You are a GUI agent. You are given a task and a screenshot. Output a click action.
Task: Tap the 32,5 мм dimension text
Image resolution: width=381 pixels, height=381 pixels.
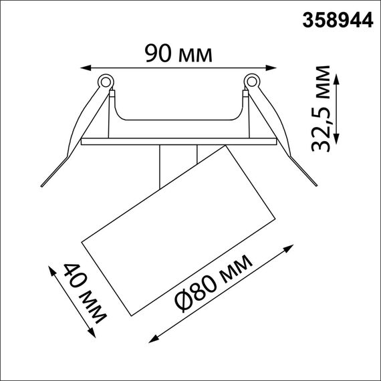pos(325,109)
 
